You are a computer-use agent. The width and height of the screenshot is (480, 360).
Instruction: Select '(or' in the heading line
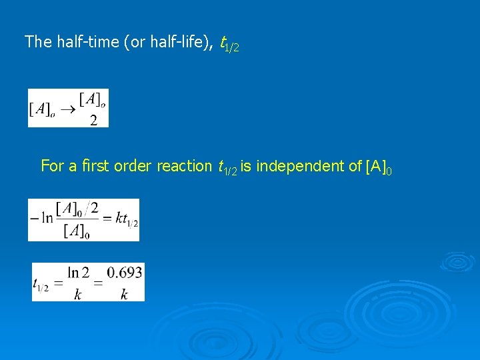pyautogui.click(x=131, y=42)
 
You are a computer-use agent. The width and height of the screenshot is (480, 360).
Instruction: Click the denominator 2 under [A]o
pyautogui.click(x=93, y=120)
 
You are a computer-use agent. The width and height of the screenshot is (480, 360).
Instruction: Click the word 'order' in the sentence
pyautogui.click(x=133, y=165)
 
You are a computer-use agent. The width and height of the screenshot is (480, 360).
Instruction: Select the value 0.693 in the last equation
pyautogui.click(x=124, y=273)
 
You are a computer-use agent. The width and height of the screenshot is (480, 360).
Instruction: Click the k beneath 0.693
pyautogui.click(x=124, y=294)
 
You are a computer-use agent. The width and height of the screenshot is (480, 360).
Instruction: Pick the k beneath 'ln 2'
pyautogui.click(x=78, y=294)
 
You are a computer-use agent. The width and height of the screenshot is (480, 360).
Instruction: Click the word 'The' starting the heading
pyautogui.click(x=37, y=42)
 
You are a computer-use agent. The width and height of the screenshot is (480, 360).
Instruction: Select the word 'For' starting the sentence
pyautogui.click(x=52, y=165)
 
